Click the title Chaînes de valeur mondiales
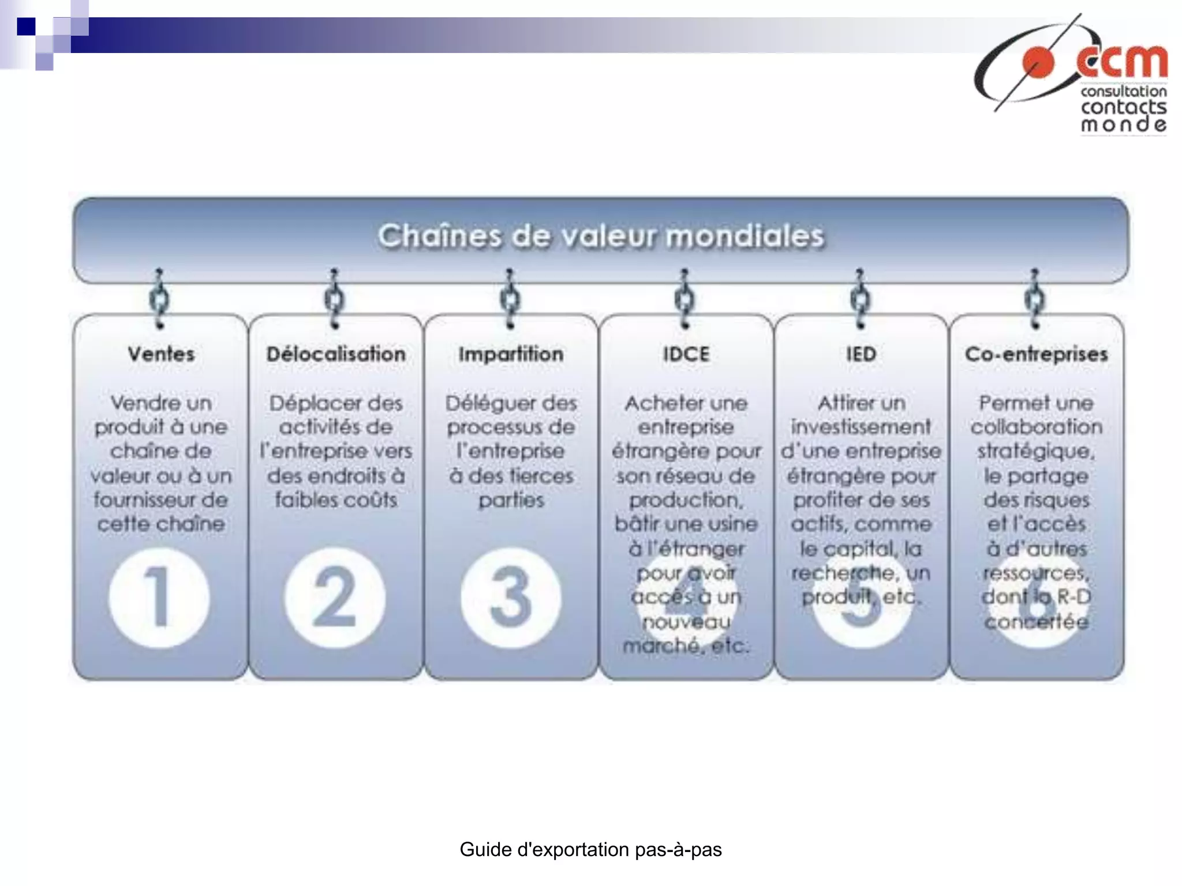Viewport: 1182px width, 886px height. pos(600,236)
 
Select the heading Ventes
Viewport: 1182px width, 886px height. pos(161,354)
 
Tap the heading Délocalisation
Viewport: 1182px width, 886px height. pos(336,354)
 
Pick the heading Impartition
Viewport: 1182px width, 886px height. pos(511,354)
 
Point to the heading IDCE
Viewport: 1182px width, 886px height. pos(686,354)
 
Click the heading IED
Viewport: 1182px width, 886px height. pos(861,354)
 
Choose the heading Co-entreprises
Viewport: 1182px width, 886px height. pos(1036,354)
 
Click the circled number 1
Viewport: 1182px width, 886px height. pos(159,597)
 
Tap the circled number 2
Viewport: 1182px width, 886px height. pos(335,597)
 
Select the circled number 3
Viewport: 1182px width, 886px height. pos(511,597)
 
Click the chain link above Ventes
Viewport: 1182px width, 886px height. pos(160,299)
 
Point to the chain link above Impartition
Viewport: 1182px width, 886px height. pos(510,299)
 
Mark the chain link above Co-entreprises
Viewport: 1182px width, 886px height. pos(1035,299)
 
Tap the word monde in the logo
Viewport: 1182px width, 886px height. pos(1123,124)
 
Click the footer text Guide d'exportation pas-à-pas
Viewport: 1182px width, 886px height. pos(590,850)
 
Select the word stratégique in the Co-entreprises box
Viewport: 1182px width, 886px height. pos(1036,451)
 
